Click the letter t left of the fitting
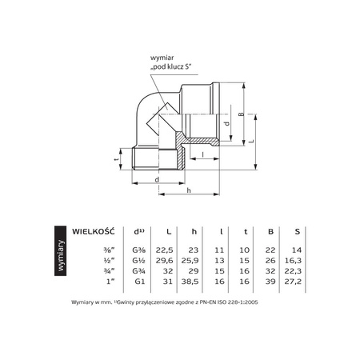pyautogui.click(x=117, y=158)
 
